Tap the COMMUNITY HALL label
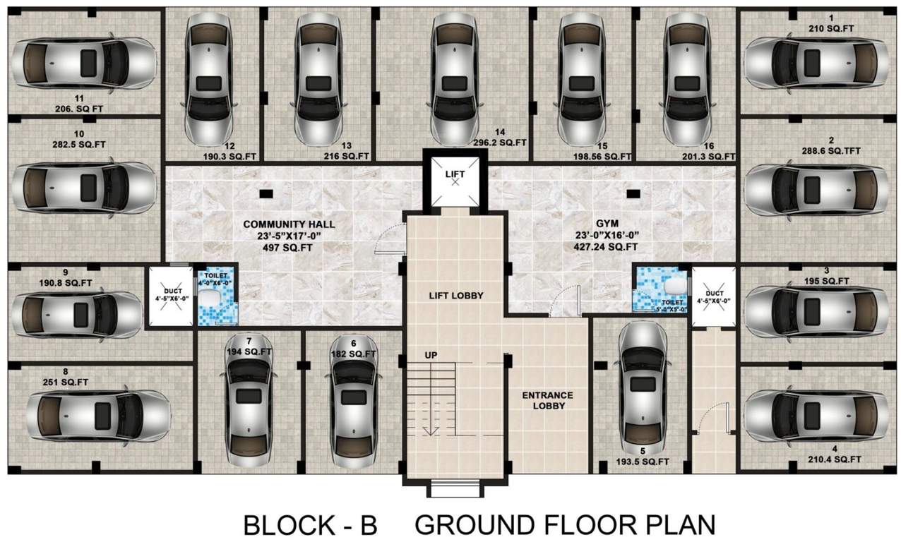click(x=289, y=224)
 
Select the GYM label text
click(x=605, y=224)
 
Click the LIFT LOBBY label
click(x=456, y=296)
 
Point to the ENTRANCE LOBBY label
click(x=547, y=401)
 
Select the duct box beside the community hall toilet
click(x=168, y=296)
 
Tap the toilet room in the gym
click(x=660, y=289)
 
